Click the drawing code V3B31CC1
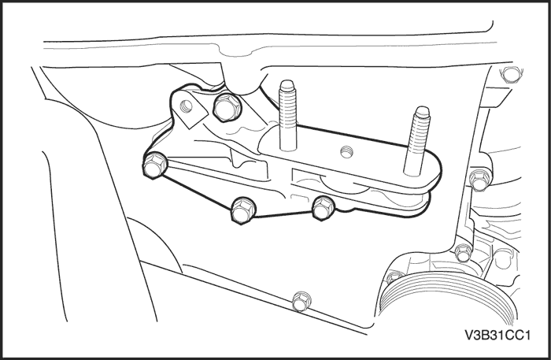coord(497,335)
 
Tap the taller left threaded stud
coord(288,115)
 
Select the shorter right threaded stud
coord(417,141)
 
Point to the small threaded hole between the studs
coord(346,152)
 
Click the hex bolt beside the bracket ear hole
coord(227,108)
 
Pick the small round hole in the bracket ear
coord(187,105)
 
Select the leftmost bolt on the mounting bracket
coord(155,165)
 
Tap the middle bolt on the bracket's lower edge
coord(243,210)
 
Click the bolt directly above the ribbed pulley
coord(464,252)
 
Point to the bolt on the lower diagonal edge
coord(301,301)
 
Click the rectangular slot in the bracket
coord(305,175)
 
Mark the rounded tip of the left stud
coord(287,84)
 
